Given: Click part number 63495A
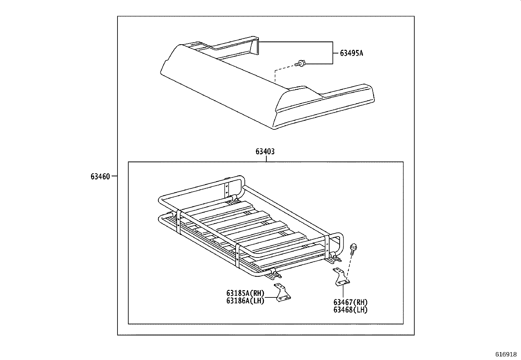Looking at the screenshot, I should click(351, 53).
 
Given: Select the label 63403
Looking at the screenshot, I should click(265, 152).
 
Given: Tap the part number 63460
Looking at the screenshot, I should click(100, 177).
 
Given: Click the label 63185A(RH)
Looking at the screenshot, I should click(245, 293).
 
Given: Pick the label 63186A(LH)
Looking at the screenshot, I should click(245, 300).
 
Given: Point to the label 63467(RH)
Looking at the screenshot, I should click(350, 302).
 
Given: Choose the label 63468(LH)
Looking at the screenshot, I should click(350, 310).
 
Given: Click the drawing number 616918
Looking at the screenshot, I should click(506, 354).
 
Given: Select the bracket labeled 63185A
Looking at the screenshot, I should click(283, 293).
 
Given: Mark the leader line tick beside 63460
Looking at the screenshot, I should click(114, 176).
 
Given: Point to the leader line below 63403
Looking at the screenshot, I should click(266, 159).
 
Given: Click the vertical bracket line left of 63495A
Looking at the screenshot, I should click(333, 53).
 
